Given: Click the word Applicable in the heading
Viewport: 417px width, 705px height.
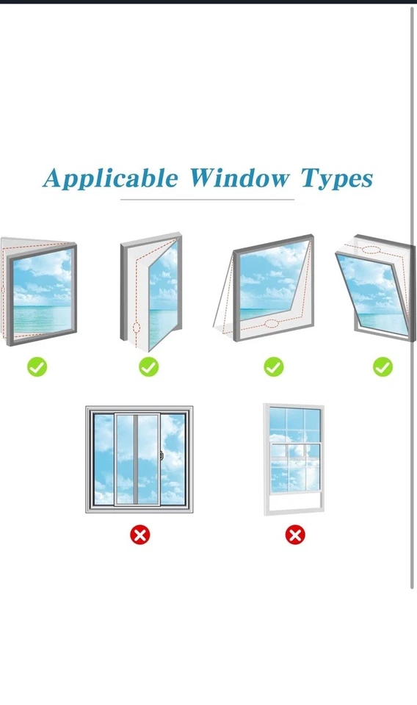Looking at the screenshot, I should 110,178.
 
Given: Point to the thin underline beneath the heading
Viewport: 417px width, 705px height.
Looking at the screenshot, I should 207,199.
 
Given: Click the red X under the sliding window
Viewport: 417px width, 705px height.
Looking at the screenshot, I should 139,535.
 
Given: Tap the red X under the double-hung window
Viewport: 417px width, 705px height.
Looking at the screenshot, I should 295,535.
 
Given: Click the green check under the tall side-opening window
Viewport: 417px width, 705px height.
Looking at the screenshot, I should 149,366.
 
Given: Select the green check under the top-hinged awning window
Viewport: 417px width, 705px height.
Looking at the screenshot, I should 274,366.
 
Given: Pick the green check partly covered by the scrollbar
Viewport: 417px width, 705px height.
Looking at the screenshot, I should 382,366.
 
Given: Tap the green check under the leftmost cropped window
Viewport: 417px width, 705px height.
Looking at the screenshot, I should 37,366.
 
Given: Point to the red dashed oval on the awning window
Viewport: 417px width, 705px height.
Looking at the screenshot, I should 272,323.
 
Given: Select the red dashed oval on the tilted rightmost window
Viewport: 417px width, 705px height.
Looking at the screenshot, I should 371,250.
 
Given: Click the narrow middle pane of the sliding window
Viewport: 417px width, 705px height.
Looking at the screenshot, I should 126,459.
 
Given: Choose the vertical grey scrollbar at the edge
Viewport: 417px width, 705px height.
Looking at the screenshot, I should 413,294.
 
